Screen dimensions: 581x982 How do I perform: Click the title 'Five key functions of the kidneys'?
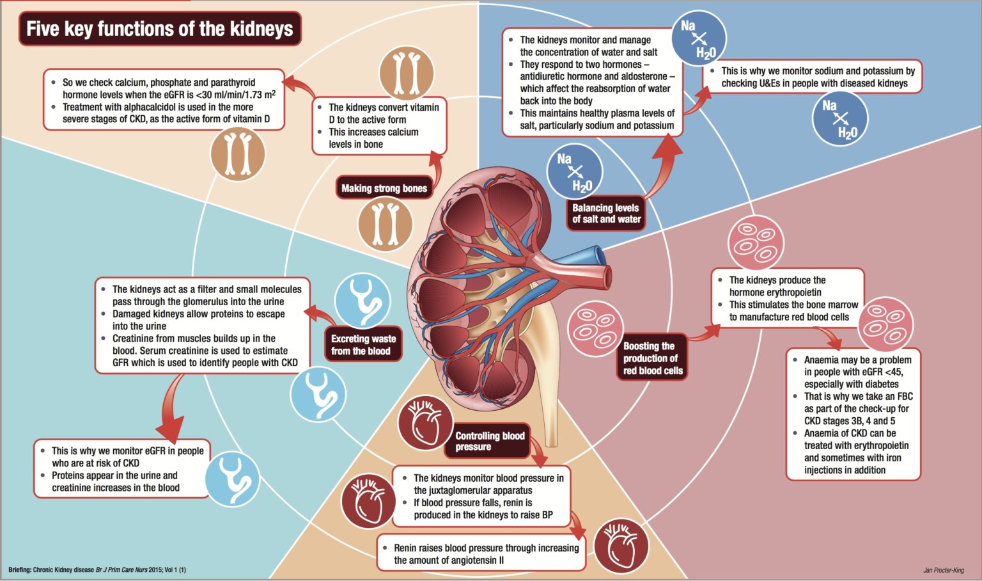click(160, 29)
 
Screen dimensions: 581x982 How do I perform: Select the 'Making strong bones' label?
click(384, 188)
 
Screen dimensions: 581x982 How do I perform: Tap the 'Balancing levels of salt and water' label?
click(606, 213)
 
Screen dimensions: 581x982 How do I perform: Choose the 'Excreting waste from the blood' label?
click(363, 345)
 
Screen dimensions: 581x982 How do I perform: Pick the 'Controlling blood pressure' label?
click(490, 441)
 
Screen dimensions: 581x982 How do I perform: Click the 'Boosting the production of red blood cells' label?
click(652, 358)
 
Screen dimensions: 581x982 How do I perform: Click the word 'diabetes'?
click(882, 384)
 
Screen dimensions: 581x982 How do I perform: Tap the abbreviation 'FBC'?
click(905, 396)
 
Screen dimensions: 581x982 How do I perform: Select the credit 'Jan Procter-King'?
click(943, 569)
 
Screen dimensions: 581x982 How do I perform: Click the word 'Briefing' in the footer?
click(19, 569)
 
